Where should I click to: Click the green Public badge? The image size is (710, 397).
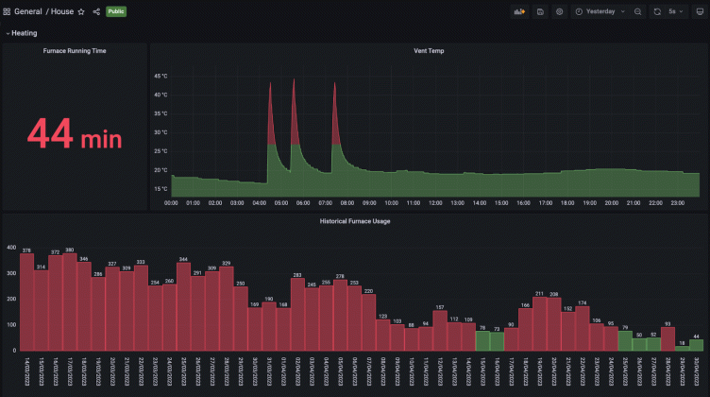[116, 11]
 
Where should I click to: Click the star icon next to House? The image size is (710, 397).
[81, 11]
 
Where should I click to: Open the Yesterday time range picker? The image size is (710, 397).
[600, 11]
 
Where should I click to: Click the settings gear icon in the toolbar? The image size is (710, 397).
[560, 11]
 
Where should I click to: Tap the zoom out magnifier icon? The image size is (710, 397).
[638, 11]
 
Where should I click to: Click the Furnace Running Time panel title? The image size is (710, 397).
[74, 50]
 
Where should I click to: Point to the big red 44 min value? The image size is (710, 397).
[74, 133]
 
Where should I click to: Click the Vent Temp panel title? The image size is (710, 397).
[430, 50]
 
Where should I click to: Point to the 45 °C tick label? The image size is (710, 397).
[160, 77]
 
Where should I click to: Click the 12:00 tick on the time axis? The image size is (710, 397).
[433, 202]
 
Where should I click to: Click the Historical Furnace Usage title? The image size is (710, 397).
[355, 221]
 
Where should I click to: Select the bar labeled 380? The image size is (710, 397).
[69, 302]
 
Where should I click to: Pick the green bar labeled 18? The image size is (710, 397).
[682, 348]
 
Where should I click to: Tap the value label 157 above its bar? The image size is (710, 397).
[440, 307]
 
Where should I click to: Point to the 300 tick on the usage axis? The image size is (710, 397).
[11, 273]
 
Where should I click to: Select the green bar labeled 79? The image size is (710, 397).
[625, 340]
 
